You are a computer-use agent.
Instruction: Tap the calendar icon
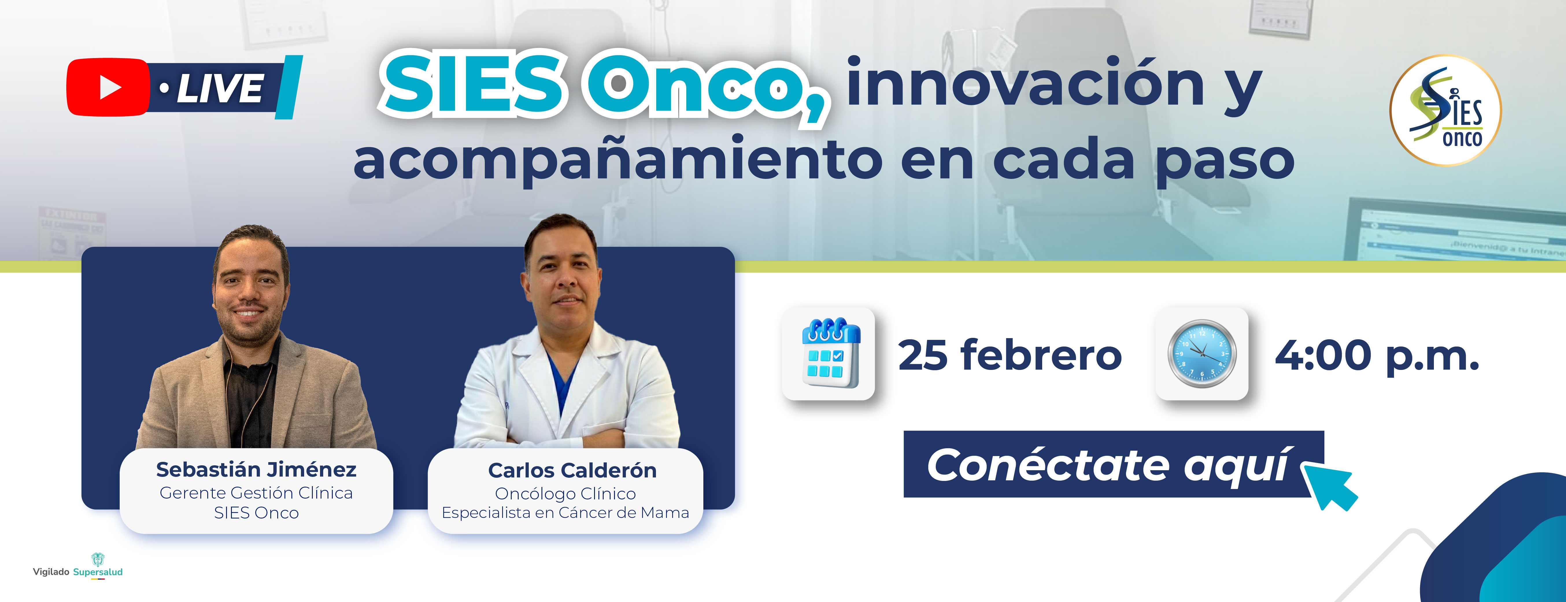click(829, 353)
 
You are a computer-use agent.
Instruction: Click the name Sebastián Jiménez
click(256, 470)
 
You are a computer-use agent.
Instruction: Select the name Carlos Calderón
click(572, 470)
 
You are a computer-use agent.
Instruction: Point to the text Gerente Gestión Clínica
click(256, 493)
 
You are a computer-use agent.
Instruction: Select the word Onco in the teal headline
click(705, 85)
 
